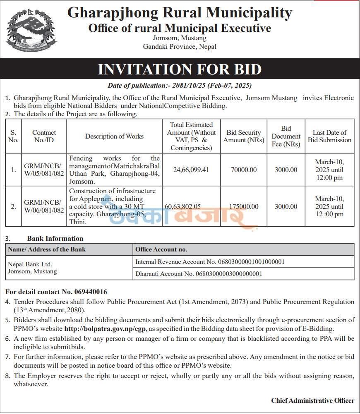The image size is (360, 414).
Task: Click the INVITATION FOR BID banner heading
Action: click(180, 69)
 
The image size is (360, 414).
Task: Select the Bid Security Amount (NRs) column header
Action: click(244, 136)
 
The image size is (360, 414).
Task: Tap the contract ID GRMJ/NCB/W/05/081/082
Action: click(44, 170)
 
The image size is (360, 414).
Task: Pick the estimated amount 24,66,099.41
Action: click(191, 170)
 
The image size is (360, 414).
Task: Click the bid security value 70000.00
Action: click(244, 170)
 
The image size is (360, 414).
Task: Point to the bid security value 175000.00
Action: click(244, 206)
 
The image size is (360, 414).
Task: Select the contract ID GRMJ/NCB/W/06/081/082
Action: click(44, 206)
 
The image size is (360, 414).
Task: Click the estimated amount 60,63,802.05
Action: click(189, 206)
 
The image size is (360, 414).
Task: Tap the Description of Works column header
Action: click(114, 136)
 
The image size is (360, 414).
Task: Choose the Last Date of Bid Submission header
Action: click(329, 136)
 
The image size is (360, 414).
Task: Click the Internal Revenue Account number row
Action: click(210, 262)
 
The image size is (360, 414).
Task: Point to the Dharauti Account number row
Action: click(199, 273)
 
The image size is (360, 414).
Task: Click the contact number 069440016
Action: click(90, 292)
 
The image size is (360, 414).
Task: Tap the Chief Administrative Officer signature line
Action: click(312, 400)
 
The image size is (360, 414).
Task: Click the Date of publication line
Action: click(180, 86)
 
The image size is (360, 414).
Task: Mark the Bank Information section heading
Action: click(55, 238)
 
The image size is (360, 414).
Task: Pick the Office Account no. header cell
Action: click(161, 249)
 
